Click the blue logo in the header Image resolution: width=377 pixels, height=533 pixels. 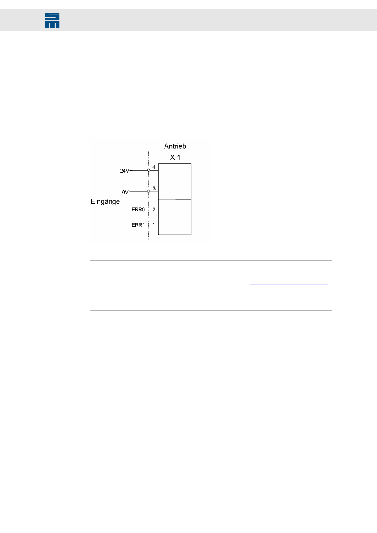pos(52,20)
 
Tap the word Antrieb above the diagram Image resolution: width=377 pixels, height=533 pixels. pos(175,146)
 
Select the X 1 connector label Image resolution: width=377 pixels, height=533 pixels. pos(175,157)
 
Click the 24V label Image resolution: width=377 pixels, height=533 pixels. pos(124,171)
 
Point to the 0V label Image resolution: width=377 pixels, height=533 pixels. pos(125,192)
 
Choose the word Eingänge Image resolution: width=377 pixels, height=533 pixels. pos(105,201)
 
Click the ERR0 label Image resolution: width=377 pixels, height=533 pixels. pos(138,210)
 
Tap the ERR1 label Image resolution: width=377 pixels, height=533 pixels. pos(138,225)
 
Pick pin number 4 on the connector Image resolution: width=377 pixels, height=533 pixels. pos(154,167)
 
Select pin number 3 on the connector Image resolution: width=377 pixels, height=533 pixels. pos(154,188)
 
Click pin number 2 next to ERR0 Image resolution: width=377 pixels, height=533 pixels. pos(154,209)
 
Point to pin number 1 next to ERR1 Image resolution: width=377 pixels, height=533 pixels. pos(154,224)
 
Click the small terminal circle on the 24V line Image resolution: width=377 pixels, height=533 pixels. pos(149,170)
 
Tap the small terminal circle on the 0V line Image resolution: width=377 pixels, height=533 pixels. pos(149,192)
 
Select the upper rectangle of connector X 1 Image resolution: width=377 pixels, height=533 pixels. pos(175,181)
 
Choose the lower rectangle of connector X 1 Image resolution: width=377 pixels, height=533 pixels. pos(175,217)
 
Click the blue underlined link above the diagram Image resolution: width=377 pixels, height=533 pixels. pos(286,96)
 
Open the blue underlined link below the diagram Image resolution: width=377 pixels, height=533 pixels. pos(289,284)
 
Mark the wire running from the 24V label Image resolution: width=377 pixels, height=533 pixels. pos(138,170)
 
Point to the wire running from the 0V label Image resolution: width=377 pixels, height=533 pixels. pos(138,192)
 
